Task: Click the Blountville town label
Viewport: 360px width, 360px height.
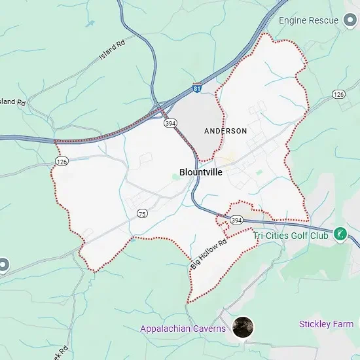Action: click(x=200, y=172)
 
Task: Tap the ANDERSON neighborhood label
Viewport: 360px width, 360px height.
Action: click(x=226, y=131)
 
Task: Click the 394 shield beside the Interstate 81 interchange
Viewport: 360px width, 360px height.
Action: click(x=170, y=122)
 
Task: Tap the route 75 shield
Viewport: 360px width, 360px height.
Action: click(x=142, y=213)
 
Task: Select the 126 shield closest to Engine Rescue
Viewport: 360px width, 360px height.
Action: click(x=338, y=94)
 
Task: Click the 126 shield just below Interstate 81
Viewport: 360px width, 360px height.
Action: click(x=62, y=161)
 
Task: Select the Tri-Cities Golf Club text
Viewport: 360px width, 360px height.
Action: click(x=290, y=235)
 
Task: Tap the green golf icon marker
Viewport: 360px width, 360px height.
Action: click(x=340, y=234)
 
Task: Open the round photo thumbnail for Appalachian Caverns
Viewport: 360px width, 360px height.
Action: click(x=243, y=327)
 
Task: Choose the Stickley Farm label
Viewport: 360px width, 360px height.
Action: click(x=326, y=324)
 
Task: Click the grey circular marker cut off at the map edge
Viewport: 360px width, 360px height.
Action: click(x=3, y=265)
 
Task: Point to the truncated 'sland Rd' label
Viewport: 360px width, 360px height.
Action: click(x=12, y=102)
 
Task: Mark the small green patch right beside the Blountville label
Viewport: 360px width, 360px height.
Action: click(x=175, y=177)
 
